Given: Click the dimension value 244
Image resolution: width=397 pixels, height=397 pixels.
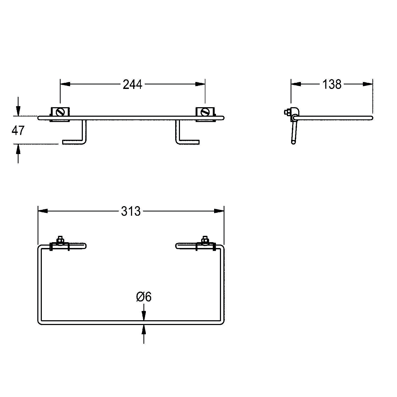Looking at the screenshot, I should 133,84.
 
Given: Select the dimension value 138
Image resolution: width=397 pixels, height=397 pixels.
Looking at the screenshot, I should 332,84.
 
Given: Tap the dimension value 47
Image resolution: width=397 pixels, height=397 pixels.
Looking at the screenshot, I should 18,130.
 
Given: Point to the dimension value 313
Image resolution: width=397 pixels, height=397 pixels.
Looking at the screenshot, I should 131,211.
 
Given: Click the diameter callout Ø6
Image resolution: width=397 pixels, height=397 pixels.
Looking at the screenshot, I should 144,297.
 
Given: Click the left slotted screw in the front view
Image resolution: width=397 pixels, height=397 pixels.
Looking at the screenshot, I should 61,112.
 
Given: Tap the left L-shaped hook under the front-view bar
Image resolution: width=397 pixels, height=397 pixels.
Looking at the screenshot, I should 77,138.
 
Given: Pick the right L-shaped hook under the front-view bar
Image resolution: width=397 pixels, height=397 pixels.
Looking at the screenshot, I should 185,138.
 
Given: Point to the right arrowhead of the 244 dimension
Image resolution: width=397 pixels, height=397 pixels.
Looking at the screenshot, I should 200,84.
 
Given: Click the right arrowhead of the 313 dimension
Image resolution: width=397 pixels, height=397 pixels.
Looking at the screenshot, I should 219,211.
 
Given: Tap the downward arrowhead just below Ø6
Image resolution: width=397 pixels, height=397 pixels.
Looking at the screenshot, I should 144,317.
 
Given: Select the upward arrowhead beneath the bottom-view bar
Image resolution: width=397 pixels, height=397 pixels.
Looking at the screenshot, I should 144,329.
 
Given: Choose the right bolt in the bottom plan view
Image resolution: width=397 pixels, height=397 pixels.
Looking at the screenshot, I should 204,240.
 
